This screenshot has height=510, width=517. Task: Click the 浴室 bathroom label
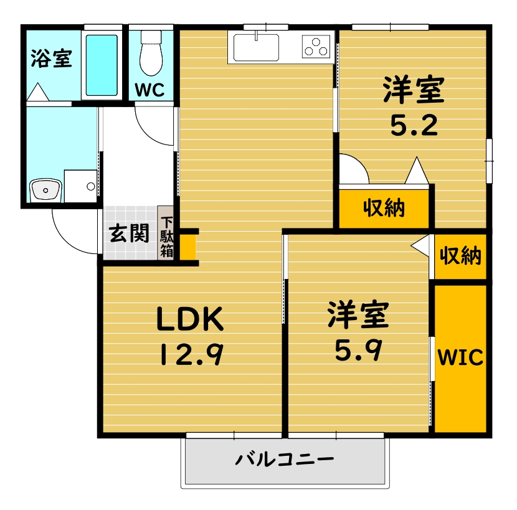(52, 59)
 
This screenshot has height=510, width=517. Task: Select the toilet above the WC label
(151, 54)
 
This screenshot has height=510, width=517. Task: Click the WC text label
(150, 90)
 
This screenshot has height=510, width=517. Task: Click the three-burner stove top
(316, 45)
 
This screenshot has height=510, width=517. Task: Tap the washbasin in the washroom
(45, 189)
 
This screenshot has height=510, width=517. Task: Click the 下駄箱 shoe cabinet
(167, 237)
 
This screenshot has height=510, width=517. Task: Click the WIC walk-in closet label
(460, 358)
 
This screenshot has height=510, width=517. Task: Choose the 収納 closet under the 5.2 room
(384, 208)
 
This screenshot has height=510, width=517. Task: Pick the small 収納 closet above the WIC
(460, 255)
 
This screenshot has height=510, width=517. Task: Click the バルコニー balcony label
(285, 461)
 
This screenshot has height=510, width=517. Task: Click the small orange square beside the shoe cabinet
(188, 246)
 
